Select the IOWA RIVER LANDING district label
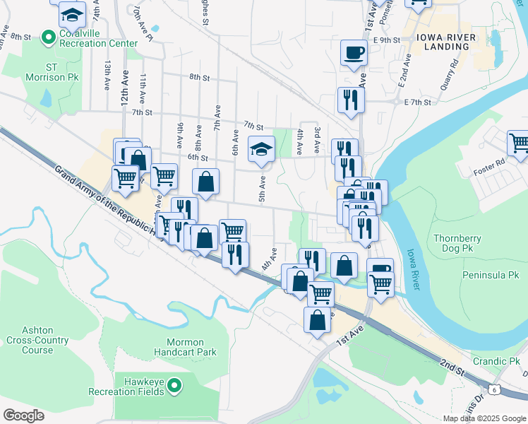click(443, 42)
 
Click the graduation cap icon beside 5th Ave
click(261, 148)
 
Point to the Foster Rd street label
click(489, 163)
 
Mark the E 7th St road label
click(417, 102)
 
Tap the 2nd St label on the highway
click(452, 368)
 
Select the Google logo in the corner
click(23, 416)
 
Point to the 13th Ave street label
click(107, 74)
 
